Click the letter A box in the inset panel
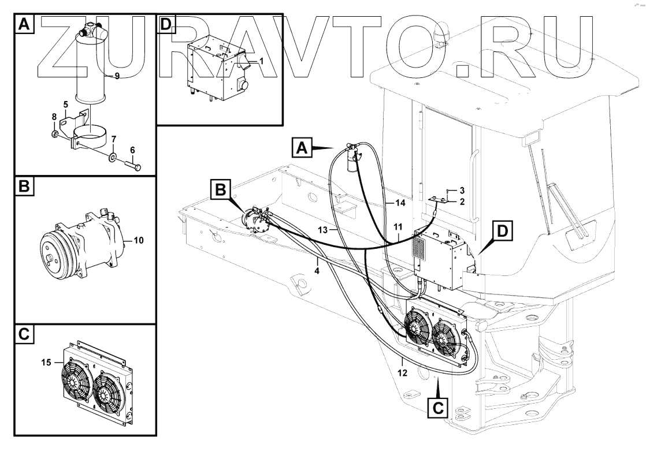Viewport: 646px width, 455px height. [23, 24]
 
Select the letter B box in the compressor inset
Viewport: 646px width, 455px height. [23, 188]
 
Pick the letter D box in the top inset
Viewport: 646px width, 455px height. [166, 24]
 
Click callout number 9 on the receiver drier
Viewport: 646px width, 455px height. [117, 76]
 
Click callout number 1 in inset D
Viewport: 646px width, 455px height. [261, 60]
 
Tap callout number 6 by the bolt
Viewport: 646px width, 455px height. [132, 150]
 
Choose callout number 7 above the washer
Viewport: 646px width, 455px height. [114, 139]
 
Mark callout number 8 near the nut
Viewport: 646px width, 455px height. [54, 117]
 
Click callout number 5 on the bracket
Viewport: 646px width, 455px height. [66, 105]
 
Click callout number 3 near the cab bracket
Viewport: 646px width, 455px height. [462, 189]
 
